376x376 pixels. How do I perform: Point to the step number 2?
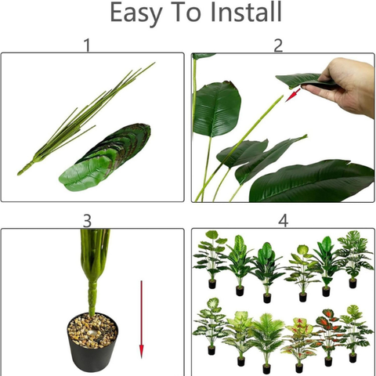click(x=278, y=45)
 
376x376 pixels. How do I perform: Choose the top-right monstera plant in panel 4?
click(x=353, y=255)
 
